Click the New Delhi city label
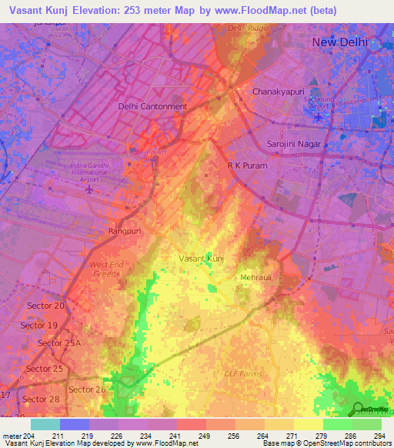tap(339, 42)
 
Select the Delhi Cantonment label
tap(152, 106)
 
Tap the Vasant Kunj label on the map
tap(201, 259)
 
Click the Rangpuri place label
tap(126, 230)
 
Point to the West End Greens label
tap(108, 269)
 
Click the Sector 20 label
tap(46, 306)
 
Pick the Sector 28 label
tap(41, 399)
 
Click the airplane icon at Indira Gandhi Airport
tap(91, 189)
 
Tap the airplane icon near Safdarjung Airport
tap(319, 118)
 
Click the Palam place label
tap(155, 152)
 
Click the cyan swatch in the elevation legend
tap(45, 424)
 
